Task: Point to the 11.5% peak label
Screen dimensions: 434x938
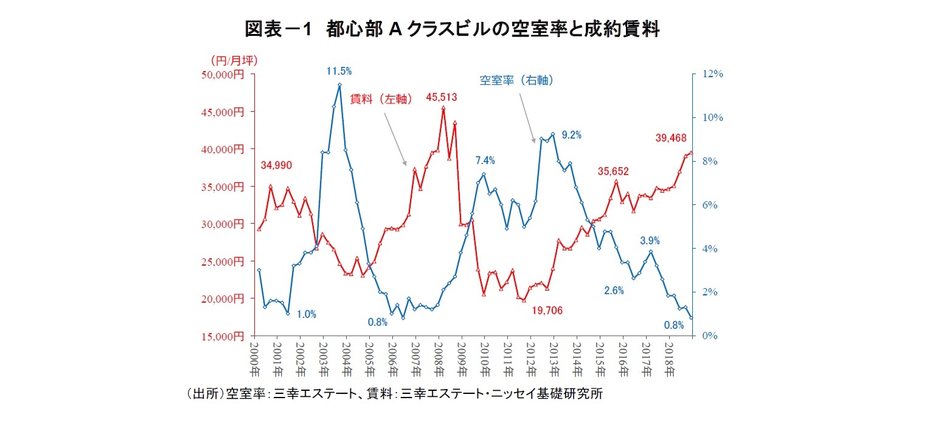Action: click(x=339, y=72)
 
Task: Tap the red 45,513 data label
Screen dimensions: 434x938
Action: click(x=441, y=97)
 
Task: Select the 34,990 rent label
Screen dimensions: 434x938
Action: click(x=277, y=165)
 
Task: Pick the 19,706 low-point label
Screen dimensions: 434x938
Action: click(x=547, y=311)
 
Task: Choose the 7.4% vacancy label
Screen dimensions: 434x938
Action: click(x=485, y=161)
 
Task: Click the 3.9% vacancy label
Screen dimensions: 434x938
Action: click(x=650, y=241)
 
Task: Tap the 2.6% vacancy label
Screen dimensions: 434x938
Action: click(x=614, y=291)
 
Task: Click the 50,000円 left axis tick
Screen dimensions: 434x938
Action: click(x=222, y=74)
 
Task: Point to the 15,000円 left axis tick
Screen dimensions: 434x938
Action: click(x=222, y=336)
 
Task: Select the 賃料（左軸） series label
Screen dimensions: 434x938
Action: click(x=382, y=98)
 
